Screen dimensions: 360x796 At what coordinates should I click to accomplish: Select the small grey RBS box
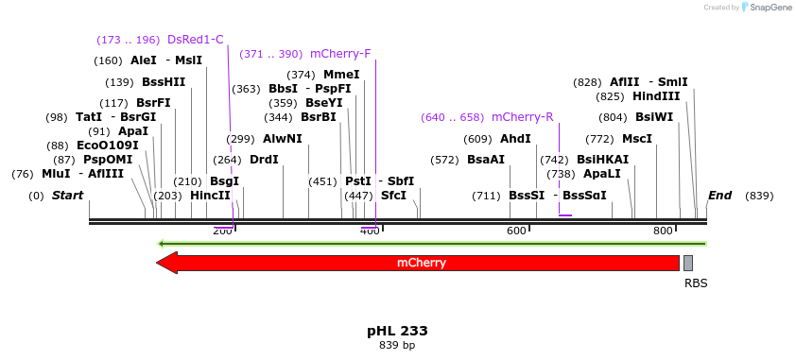coord(688,263)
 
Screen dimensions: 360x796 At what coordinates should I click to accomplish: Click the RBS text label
coord(696,283)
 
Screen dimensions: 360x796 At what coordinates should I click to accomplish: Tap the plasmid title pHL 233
coord(397,331)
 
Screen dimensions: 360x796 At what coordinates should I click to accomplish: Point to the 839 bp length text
coord(397,346)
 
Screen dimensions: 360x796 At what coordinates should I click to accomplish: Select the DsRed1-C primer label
coord(195,40)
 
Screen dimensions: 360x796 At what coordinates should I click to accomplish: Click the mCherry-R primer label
coord(522,117)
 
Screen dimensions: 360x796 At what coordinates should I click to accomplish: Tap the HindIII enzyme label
coord(656,96)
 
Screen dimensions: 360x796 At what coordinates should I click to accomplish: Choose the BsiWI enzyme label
coord(654,117)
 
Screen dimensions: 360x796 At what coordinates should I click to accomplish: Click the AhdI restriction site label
coord(515,139)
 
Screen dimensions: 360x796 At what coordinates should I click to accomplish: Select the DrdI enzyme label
coord(264,160)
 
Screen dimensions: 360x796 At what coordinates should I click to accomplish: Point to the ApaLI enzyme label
coord(601,174)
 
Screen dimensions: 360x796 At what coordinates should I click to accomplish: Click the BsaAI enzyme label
coord(486,160)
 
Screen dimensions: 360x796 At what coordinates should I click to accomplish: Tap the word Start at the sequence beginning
coord(67,196)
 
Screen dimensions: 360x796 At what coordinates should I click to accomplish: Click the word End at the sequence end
coord(719,196)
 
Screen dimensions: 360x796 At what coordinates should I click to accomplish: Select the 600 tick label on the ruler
coord(516,231)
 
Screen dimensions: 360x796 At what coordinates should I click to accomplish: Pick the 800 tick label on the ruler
coord(664,231)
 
